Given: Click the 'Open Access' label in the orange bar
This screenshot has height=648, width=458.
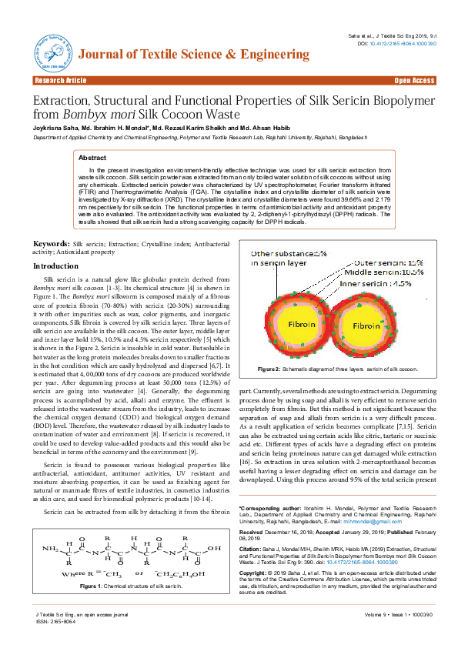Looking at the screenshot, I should point(414,81).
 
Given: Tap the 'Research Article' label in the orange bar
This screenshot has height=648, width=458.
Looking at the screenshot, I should point(59,81).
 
